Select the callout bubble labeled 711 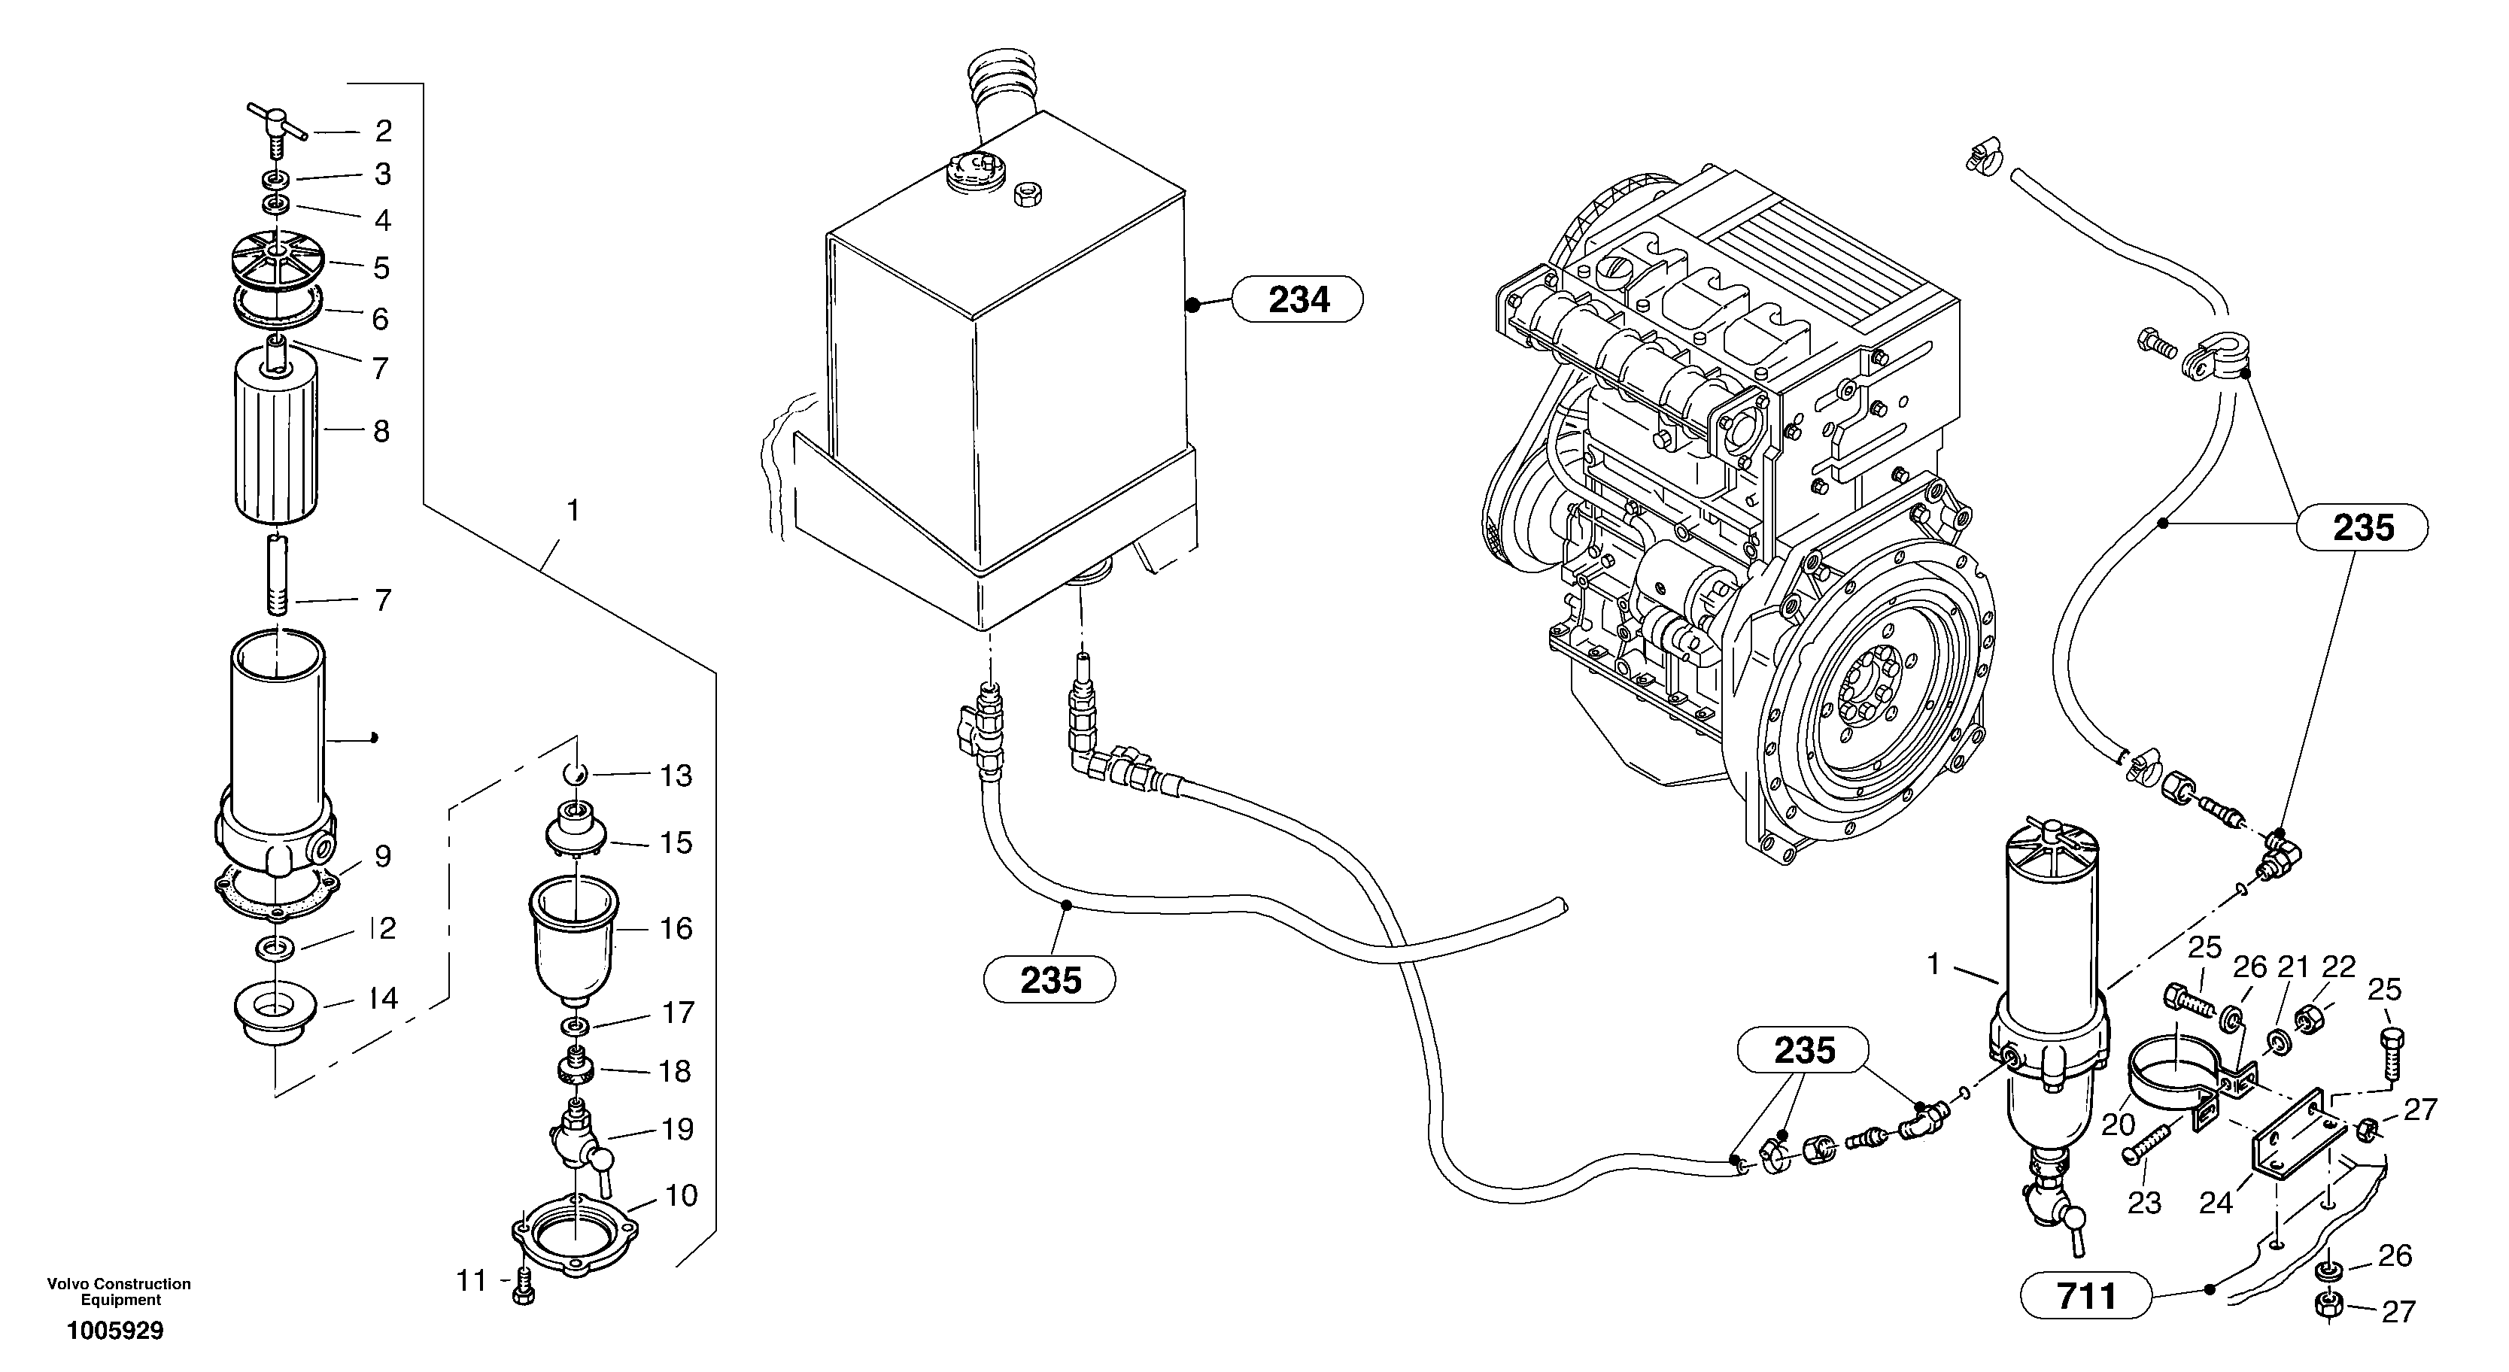pos(2085,1297)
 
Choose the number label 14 pos(383,998)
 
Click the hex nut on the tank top pos(1028,194)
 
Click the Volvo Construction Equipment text pos(119,1292)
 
